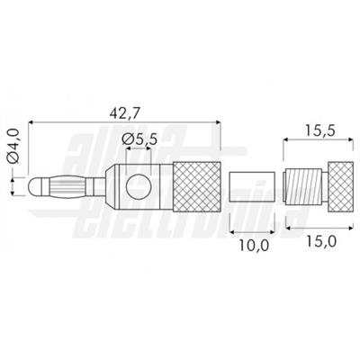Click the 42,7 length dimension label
[124, 113]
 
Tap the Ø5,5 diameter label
[139, 139]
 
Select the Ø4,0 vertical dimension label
[13, 145]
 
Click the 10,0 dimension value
[254, 246]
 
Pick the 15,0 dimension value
[321, 241]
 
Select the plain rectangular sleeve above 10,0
[252, 186]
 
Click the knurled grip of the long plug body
[197, 186]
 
